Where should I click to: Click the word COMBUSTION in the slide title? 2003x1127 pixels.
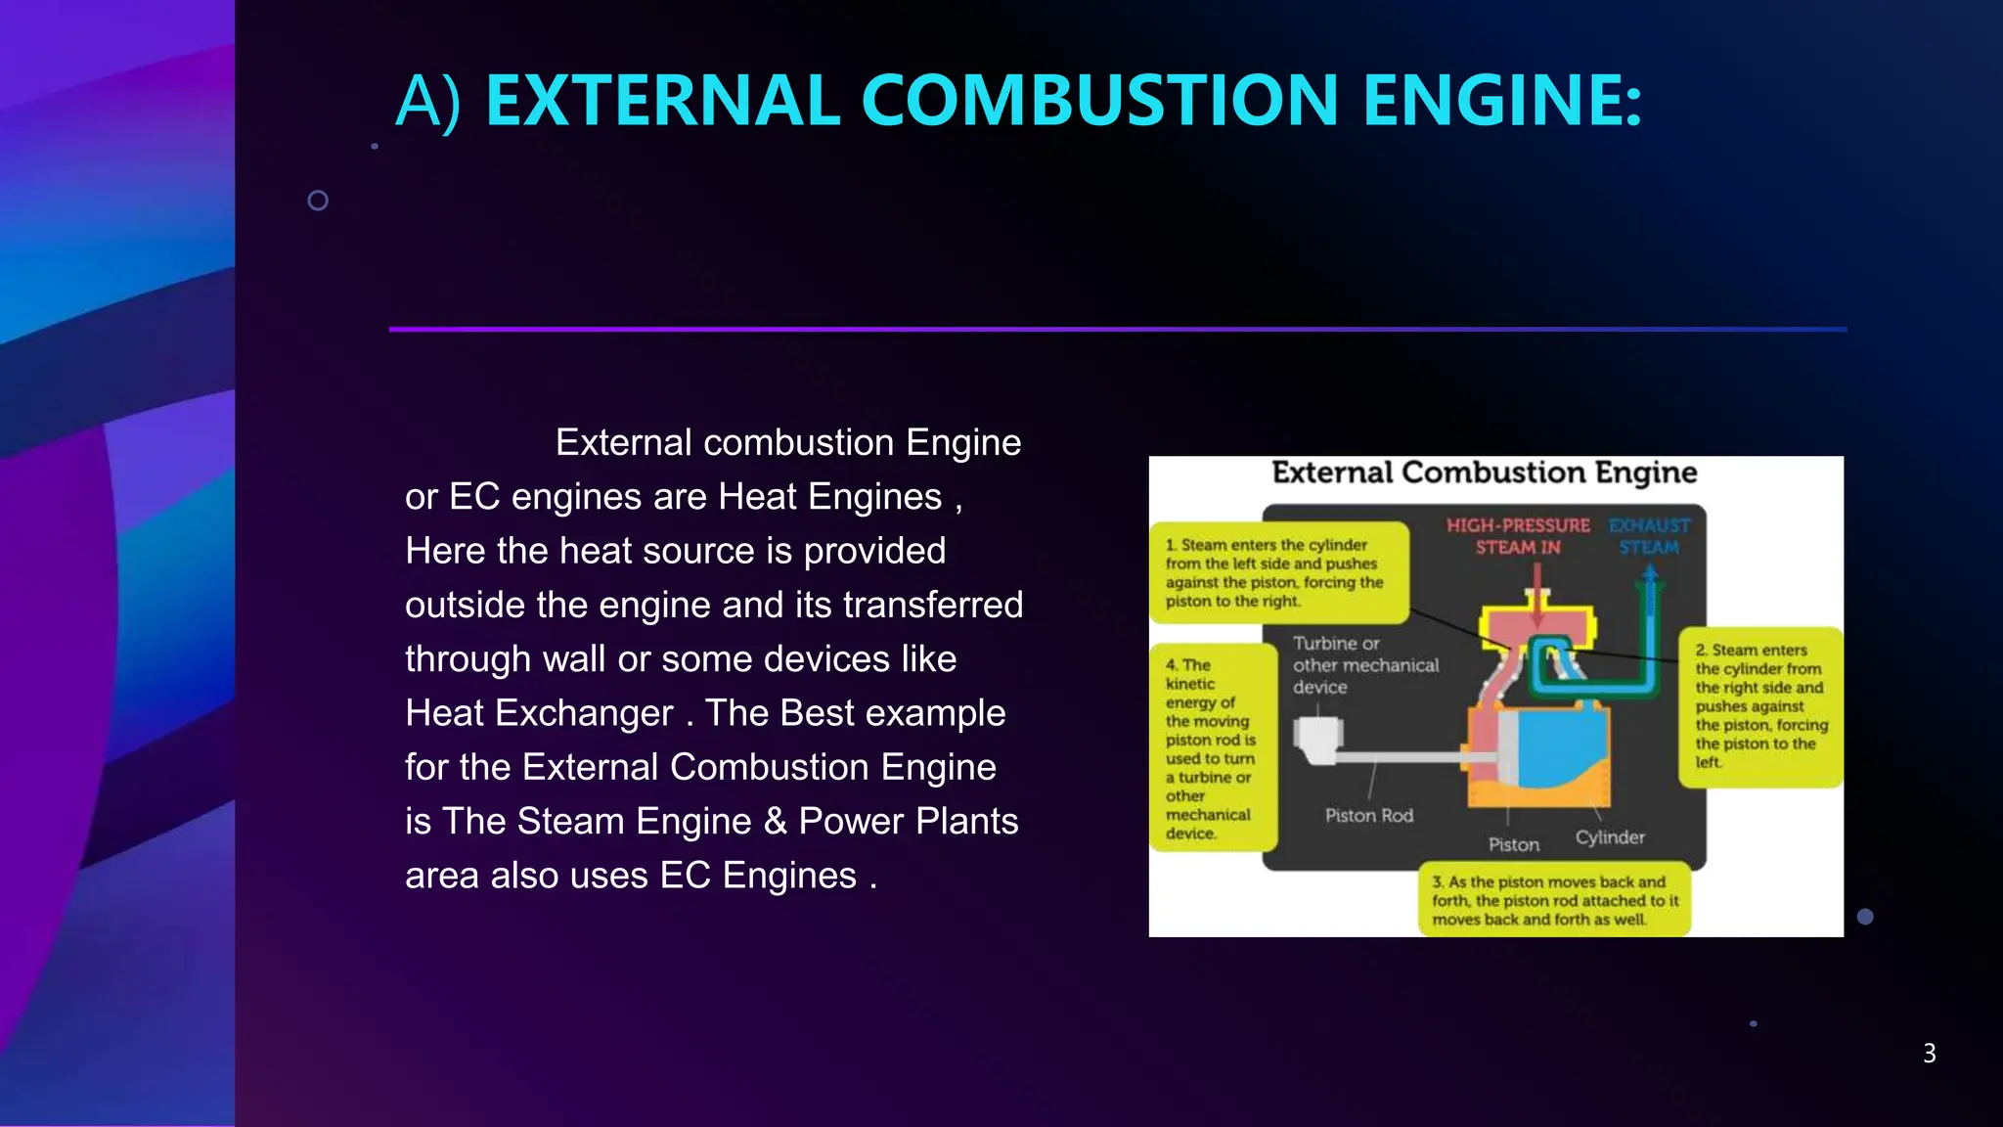tap(1099, 101)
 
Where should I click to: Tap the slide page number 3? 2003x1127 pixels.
tap(1929, 1054)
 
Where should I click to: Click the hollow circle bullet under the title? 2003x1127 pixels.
tap(318, 201)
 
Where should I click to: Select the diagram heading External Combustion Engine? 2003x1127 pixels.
tap(1484, 473)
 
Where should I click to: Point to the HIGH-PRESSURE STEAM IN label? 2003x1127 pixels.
tap(1518, 536)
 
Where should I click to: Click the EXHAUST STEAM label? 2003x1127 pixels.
tap(1649, 536)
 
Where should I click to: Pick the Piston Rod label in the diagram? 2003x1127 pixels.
tap(1368, 816)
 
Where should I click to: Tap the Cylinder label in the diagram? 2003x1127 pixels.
tap(1610, 837)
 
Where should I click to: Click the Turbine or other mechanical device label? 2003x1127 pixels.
tap(1365, 665)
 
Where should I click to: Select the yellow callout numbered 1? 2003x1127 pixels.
tap(1279, 573)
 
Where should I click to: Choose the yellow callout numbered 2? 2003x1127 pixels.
tap(1759, 705)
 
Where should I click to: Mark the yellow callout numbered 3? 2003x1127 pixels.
tap(1554, 900)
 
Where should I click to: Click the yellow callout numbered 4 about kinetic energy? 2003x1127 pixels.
tap(1211, 748)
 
